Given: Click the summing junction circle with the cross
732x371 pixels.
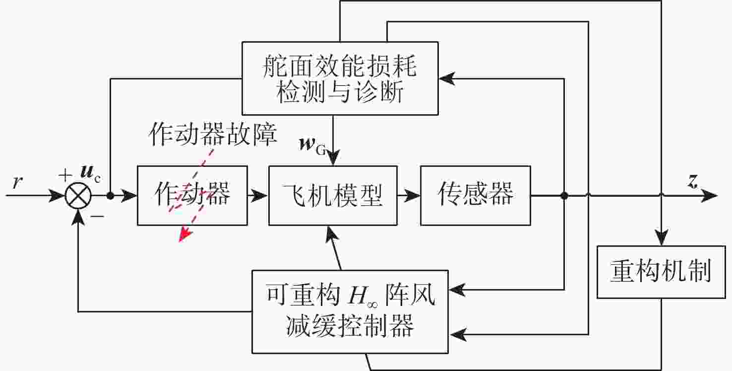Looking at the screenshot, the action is pyautogui.click(x=78, y=196).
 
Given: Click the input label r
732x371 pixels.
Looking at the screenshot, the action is pyautogui.click(x=17, y=182).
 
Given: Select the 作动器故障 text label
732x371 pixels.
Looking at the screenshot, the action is pyautogui.click(x=213, y=134).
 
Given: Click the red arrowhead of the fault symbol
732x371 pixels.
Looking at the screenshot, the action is pyautogui.click(x=185, y=234).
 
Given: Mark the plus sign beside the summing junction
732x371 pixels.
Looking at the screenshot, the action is pyautogui.click(x=65, y=175).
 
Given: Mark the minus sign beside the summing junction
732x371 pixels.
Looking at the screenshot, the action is pyautogui.click(x=97, y=216).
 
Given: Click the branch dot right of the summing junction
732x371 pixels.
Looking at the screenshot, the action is pyautogui.click(x=111, y=196).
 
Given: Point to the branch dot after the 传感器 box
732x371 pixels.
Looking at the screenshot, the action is pyautogui.click(x=564, y=196).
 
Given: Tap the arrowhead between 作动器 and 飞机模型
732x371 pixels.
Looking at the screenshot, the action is pyautogui.click(x=259, y=196).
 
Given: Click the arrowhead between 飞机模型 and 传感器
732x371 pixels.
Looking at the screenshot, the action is pyautogui.click(x=412, y=196).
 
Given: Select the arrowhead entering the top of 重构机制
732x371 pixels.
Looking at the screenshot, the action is pyautogui.click(x=662, y=237).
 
